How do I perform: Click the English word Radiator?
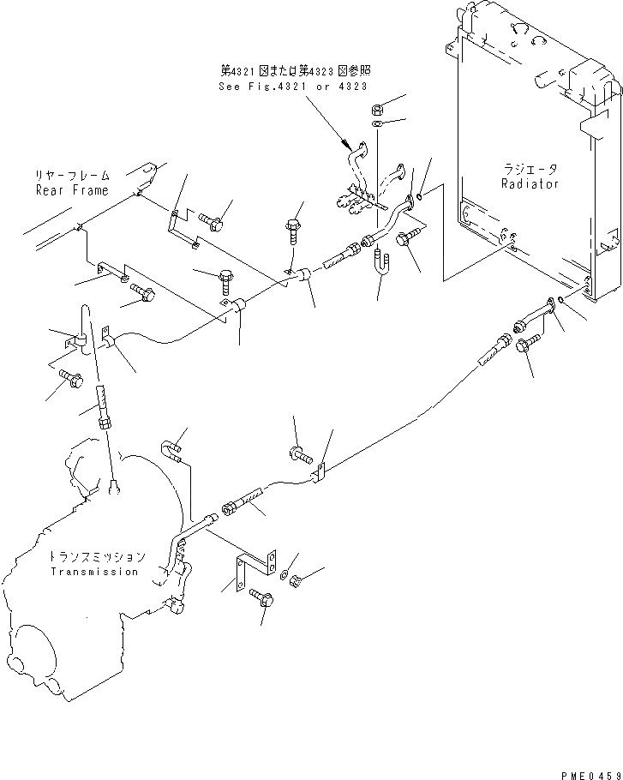point(530,183)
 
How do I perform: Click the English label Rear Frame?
point(72,190)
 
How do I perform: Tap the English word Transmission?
point(94,572)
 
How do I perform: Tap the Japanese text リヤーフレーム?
point(72,176)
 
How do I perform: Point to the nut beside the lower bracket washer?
point(294,582)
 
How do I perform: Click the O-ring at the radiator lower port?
point(559,300)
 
